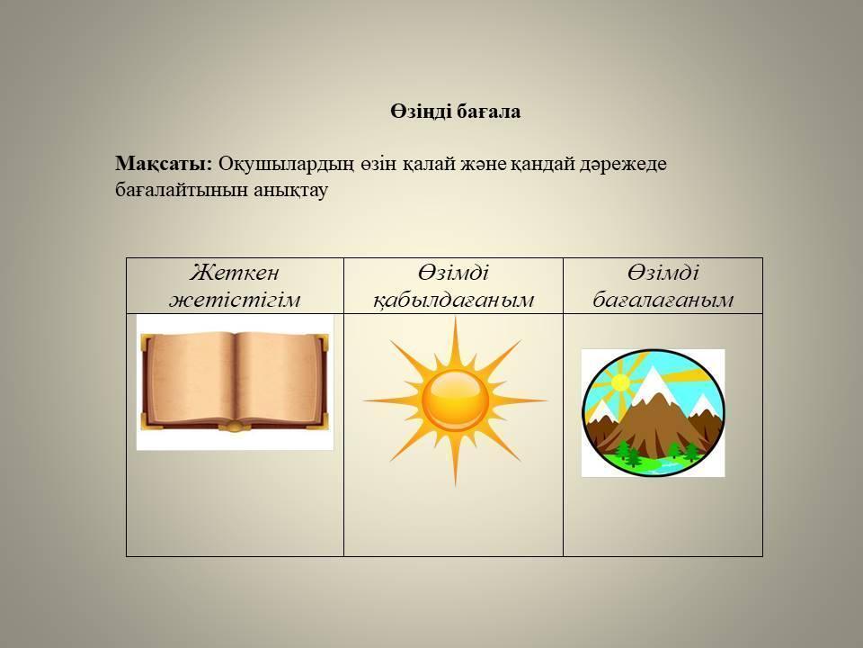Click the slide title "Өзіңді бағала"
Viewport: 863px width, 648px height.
pos(455,112)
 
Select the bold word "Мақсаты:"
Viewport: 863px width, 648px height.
pos(164,164)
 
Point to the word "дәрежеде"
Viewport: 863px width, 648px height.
pos(623,165)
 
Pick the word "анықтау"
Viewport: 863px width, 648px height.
pos(291,190)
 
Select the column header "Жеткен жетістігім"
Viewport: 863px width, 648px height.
pos(235,286)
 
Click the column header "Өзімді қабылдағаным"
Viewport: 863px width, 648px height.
pos(453,286)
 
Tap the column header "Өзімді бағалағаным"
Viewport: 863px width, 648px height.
pos(663,286)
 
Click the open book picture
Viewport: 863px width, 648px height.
pos(235,382)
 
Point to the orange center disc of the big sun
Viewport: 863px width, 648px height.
pos(455,400)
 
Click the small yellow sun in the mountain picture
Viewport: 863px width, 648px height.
pos(619,382)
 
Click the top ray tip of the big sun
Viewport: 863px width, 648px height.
pos(455,319)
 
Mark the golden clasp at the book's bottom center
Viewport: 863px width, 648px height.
pos(235,426)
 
